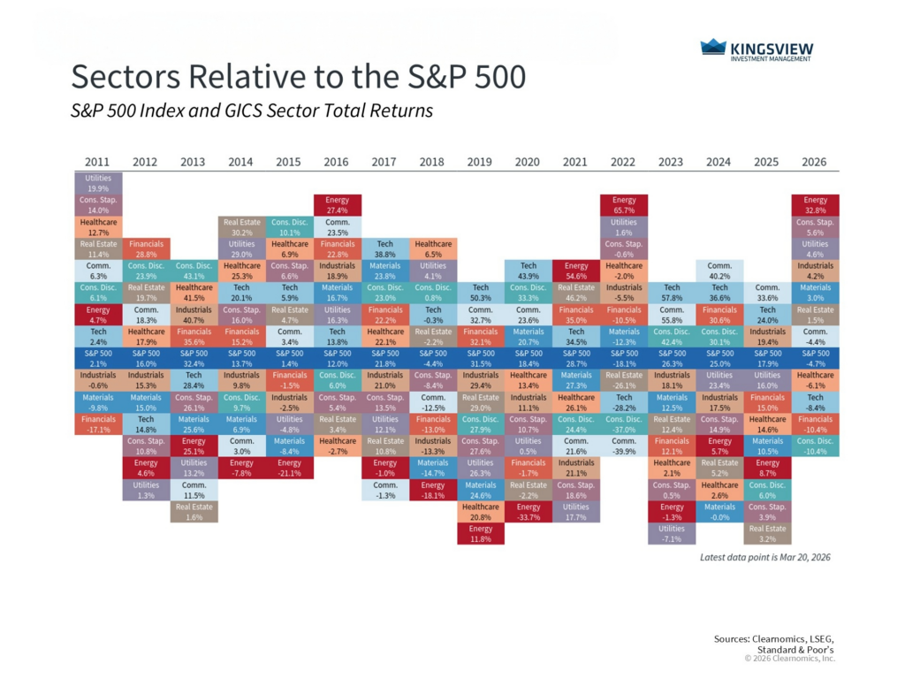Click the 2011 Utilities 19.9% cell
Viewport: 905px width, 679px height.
coord(97,183)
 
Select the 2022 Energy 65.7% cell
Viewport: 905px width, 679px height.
coord(624,205)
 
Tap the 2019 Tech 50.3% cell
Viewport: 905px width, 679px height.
coord(481,293)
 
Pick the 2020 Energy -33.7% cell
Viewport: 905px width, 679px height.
coord(529,512)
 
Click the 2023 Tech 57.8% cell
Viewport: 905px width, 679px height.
coord(672,293)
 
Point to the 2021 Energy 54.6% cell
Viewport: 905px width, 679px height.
coord(576,271)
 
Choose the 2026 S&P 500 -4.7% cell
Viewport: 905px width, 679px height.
coord(815,358)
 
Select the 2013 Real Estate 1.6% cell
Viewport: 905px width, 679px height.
coord(194,512)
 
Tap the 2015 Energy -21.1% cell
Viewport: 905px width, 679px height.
coord(289,468)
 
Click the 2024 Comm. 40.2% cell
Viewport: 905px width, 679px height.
coord(719,271)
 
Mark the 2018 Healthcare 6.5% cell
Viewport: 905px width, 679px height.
coord(433,249)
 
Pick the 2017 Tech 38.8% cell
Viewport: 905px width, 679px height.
coord(385,249)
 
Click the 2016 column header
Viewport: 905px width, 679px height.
coord(337,162)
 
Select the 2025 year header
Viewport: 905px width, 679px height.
coord(767,162)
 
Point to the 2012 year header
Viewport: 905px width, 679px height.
coord(145,162)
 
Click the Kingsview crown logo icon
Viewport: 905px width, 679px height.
coord(713,48)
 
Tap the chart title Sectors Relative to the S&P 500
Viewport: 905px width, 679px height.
coord(298,78)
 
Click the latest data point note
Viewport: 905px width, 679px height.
coord(764,558)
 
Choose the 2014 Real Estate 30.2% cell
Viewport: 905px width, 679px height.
coord(241,227)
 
